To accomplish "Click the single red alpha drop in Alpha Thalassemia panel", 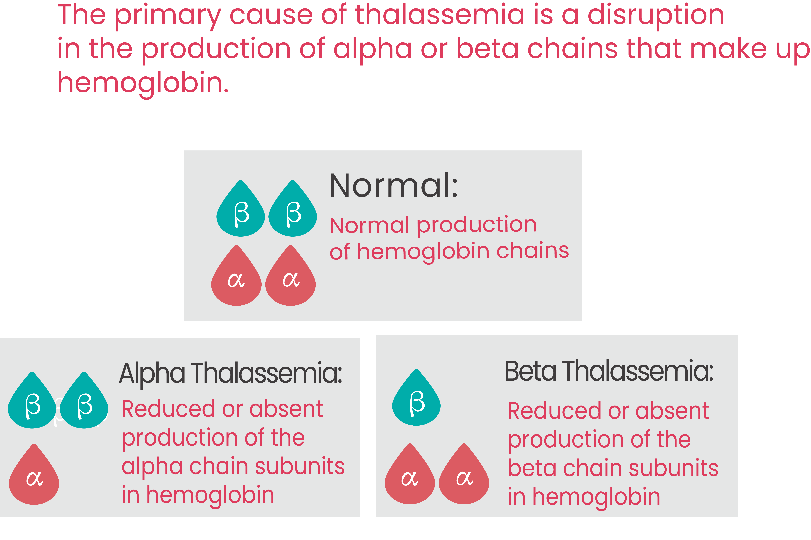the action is [x=34, y=475].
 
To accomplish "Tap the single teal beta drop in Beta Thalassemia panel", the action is [x=416, y=397].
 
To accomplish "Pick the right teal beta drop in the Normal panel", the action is [x=293, y=208].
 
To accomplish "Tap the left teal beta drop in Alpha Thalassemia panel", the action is [x=32, y=400].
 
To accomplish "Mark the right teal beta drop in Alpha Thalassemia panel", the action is [x=84, y=400].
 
